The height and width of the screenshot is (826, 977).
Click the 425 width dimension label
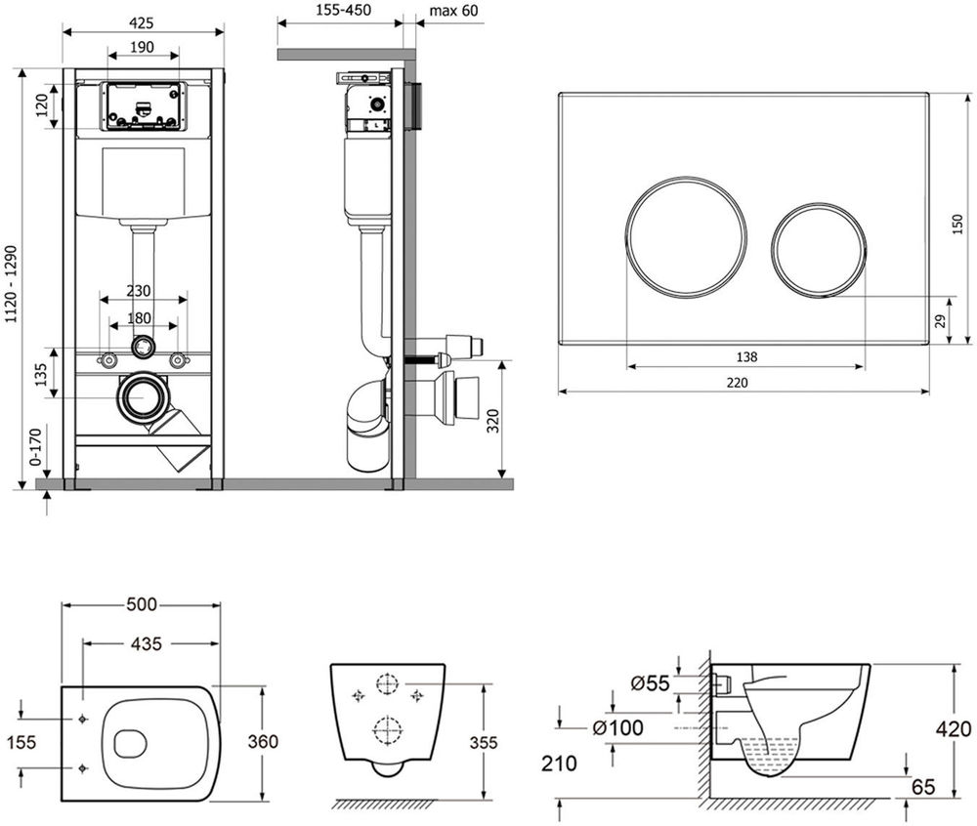(142, 23)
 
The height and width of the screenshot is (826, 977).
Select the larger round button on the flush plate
(686, 236)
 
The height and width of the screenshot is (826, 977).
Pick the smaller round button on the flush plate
(819, 248)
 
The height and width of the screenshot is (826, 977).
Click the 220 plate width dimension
(737, 382)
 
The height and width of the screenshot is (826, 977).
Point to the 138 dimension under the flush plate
(746, 356)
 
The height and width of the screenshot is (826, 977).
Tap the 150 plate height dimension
(957, 225)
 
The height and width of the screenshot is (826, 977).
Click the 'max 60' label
(454, 11)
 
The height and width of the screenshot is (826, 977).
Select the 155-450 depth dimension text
(343, 11)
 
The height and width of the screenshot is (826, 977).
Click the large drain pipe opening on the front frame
(144, 397)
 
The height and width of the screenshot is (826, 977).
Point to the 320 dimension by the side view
(492, 422)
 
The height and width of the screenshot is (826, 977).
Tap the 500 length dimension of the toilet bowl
(142, 604)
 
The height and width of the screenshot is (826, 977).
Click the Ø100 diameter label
(618, 727)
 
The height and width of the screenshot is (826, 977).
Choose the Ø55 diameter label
(650, 683)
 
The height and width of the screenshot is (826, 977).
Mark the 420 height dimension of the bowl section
(954, 729)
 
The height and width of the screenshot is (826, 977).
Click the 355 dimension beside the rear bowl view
(484, 743)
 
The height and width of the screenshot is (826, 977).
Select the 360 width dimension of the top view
(263, 741)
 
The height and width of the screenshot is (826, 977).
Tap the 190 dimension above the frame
(142, 47)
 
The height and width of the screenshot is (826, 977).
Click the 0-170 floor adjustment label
(35, 447)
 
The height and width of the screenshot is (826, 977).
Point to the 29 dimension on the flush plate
(940, 321)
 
